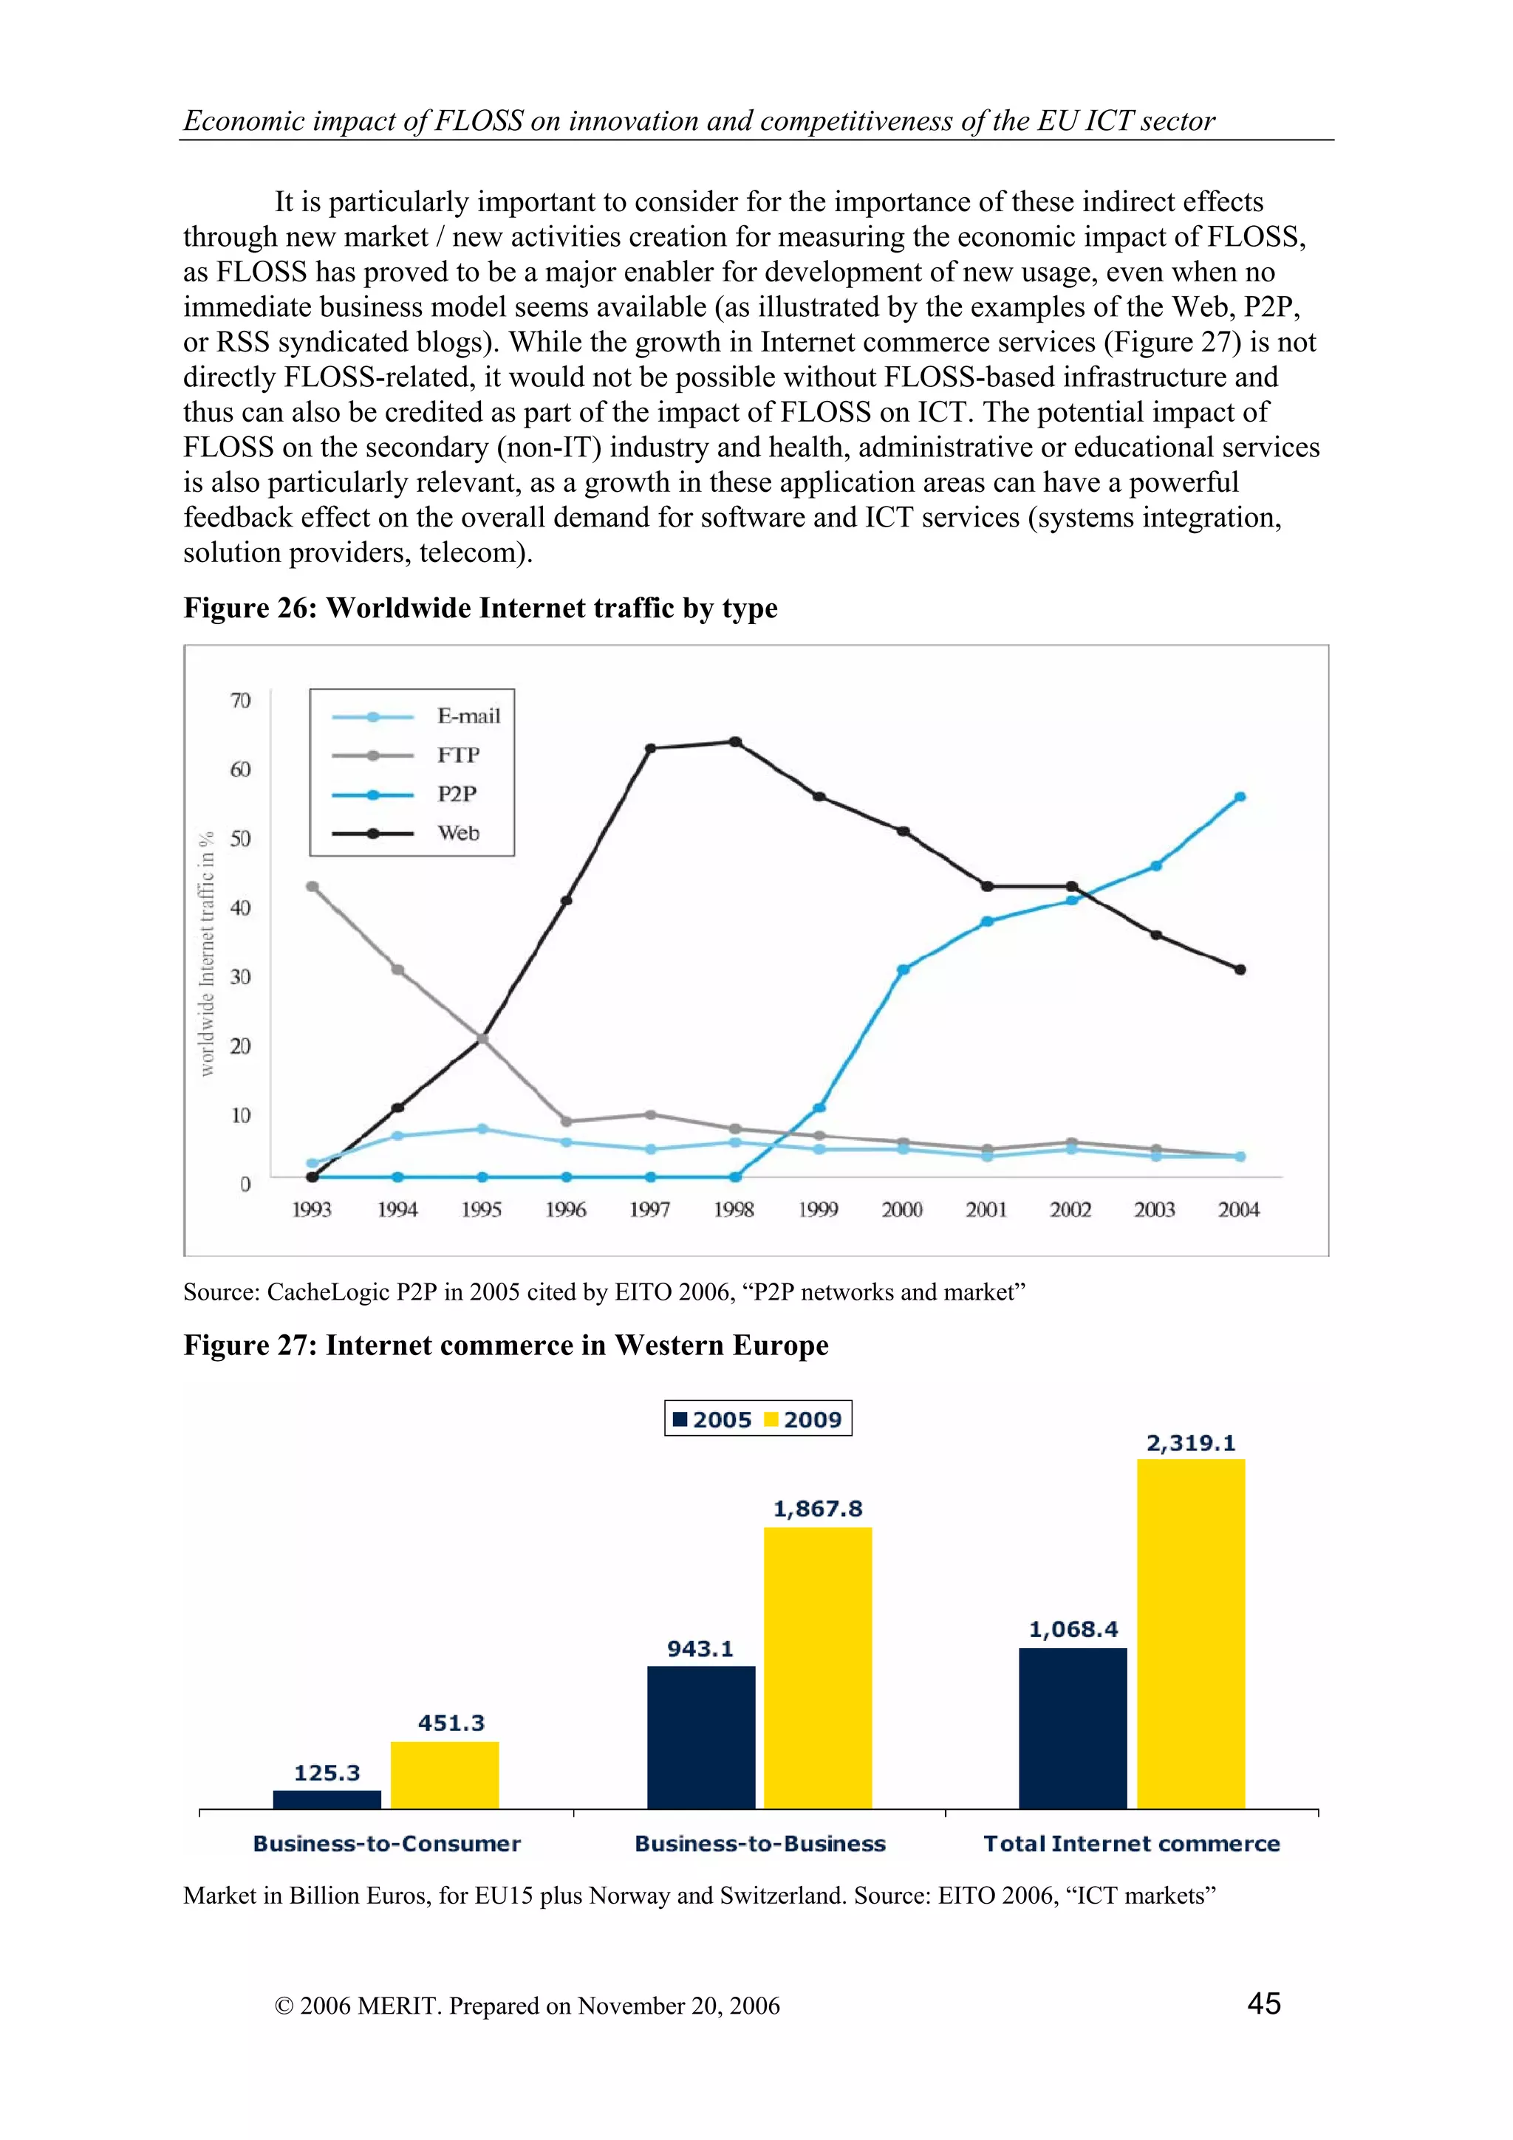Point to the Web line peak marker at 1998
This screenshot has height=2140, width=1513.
tap(734, 742)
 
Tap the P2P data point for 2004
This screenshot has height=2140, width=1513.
tap(1240, 797)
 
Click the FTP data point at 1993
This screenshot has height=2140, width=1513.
tap(312, 886)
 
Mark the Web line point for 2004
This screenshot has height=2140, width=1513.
tap(1240, 970)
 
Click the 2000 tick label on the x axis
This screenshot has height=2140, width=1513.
tap(901, 1210)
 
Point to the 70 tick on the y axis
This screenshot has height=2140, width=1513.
tap(241, 701)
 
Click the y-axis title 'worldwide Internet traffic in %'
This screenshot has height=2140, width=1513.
tap(207, 953)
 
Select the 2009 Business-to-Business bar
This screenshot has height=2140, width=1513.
tap(818, 1668)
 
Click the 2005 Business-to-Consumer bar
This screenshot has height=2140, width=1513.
tap(327, 1800)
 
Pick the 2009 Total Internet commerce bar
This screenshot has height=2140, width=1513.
tap(1190, 1634)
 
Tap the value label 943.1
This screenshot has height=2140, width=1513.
tap(700, 1649)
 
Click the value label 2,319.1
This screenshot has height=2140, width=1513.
tap(1190, 1444)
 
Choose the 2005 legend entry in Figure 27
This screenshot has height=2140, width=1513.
tap(712, 1419)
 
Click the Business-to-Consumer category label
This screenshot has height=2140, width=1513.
tap(387, 1844)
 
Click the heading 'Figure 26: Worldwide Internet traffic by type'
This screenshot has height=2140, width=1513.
tap(480, 608)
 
